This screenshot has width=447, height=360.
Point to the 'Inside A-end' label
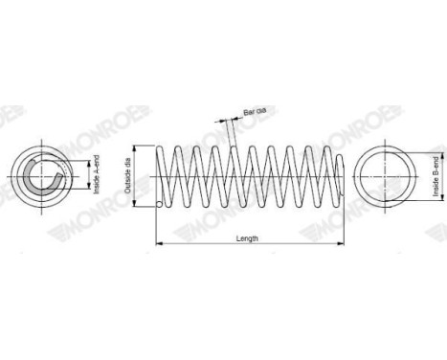(x=97, y=175)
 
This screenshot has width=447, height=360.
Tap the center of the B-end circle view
(x=387, y=175)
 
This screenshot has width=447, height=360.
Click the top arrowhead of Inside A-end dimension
(x=88, y=158)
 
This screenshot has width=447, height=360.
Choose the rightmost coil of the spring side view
(x=337, y=176)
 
